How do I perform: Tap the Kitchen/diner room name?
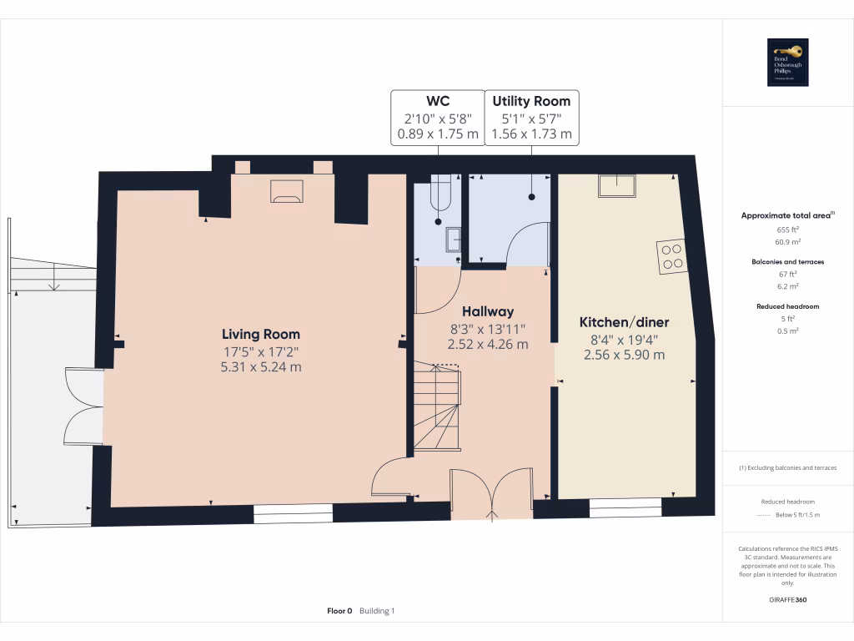[x=624, y=322]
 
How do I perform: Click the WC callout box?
[x=438, y=117]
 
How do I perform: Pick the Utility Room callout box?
[x=531, y=117]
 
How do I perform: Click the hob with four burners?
[x=671, y=256]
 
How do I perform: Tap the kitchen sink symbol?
[x=616, y=185]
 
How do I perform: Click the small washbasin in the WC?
[x=453, y=240]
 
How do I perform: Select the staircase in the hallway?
[x=436, y=409]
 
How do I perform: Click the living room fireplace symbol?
[x=287, y=191]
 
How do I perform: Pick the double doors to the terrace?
[x=83, y=406]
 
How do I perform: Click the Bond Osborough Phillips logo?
[x=788, y=63]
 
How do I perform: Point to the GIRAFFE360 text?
[x=787, y=599]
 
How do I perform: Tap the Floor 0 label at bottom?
[x=339, y=611]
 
